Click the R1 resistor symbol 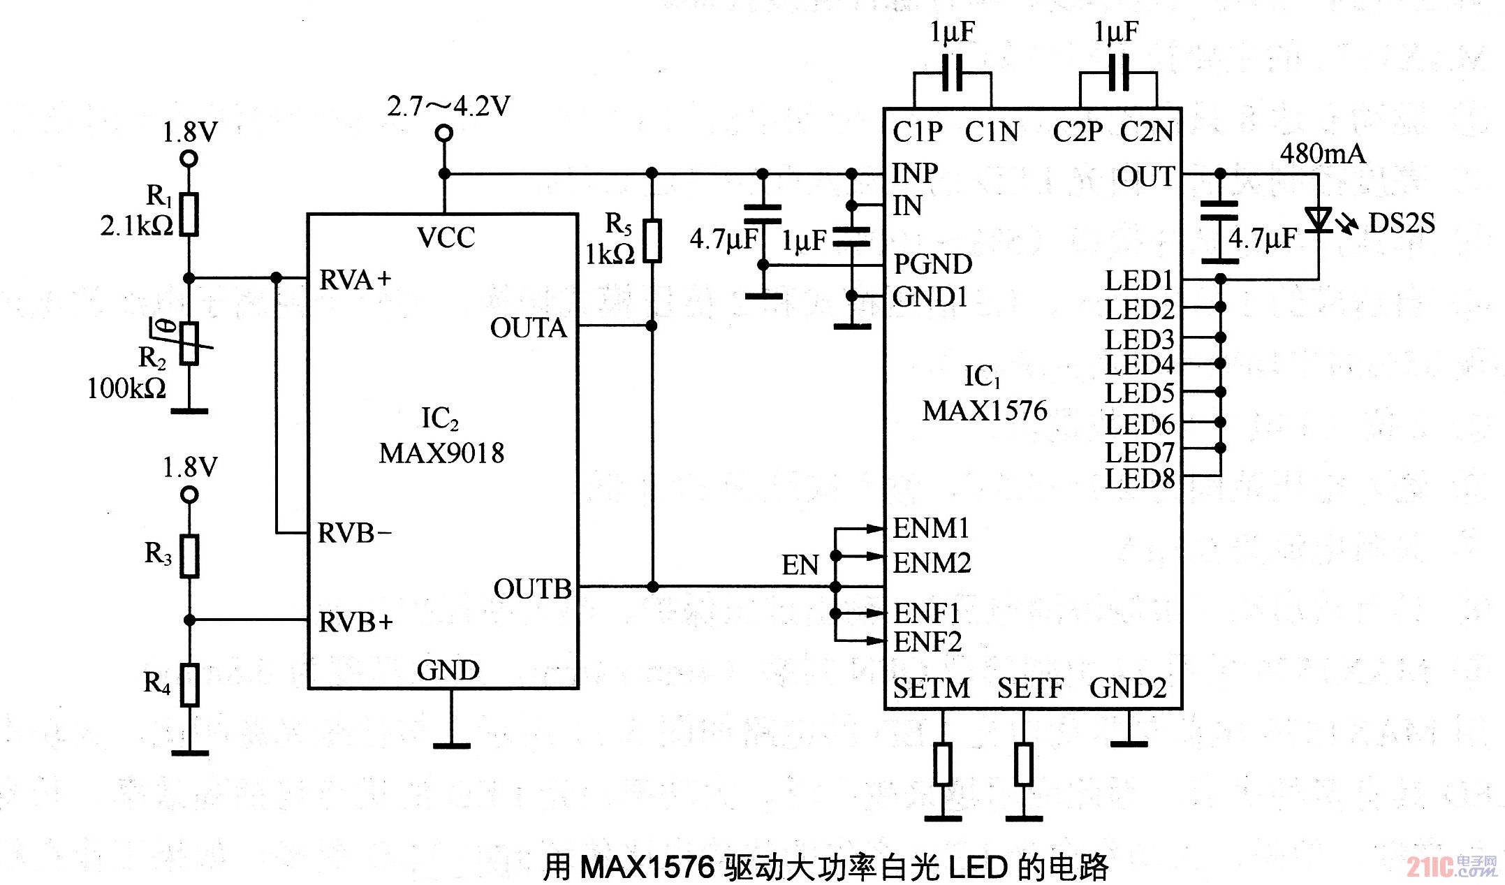[x=189, y=214]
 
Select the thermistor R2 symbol [x=189, y=343]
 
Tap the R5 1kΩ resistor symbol [x=652, y=241]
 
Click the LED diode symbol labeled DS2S [x=1319, y=219]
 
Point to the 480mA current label [x=1322, y=154]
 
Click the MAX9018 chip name [x=441, y=453]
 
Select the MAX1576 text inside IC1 [x=985, y=411]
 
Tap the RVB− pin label [x=355, y=533]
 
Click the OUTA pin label [x=528, y=328]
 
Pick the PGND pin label [x=932, y=264]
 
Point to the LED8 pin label [x=1139, y=479]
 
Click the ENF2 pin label [x=927, y=642]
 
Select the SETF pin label [x=1030, y=689]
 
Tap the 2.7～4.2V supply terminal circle [x=443, y=133]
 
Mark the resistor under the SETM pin [x=943, y=764]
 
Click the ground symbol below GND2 [x=1129, y=743]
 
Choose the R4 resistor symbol [x=189, y=685]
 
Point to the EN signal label [x=800, y=565]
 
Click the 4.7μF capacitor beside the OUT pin [x=1220, y=232]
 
